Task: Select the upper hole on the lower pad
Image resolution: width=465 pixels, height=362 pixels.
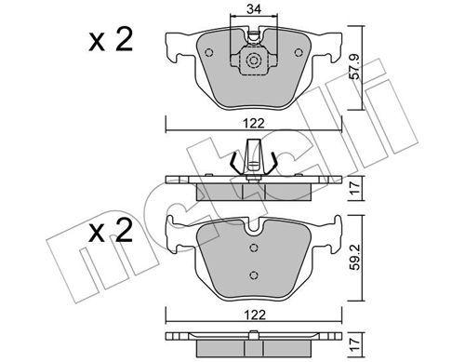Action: tap(253, 248)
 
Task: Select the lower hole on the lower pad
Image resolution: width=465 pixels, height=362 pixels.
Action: tap(253, 275)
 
